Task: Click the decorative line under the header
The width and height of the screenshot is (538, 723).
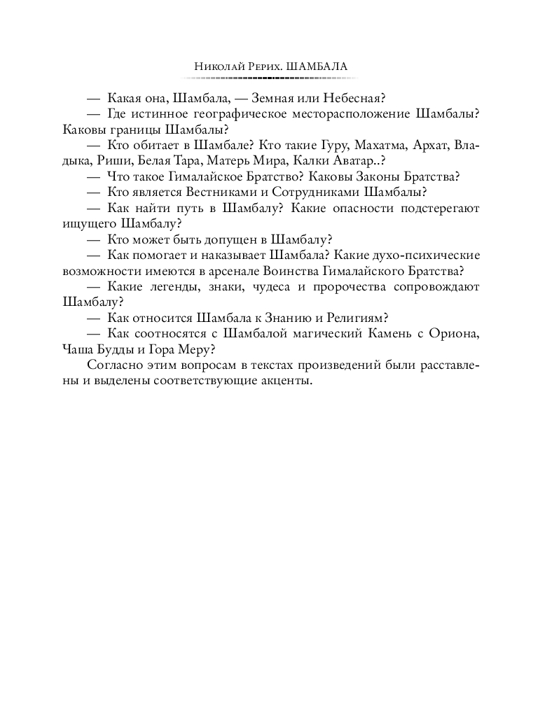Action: pyautogui.click(x=269, y=78)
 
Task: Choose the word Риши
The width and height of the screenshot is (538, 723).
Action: pyautogui.click(x=111, y=162)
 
